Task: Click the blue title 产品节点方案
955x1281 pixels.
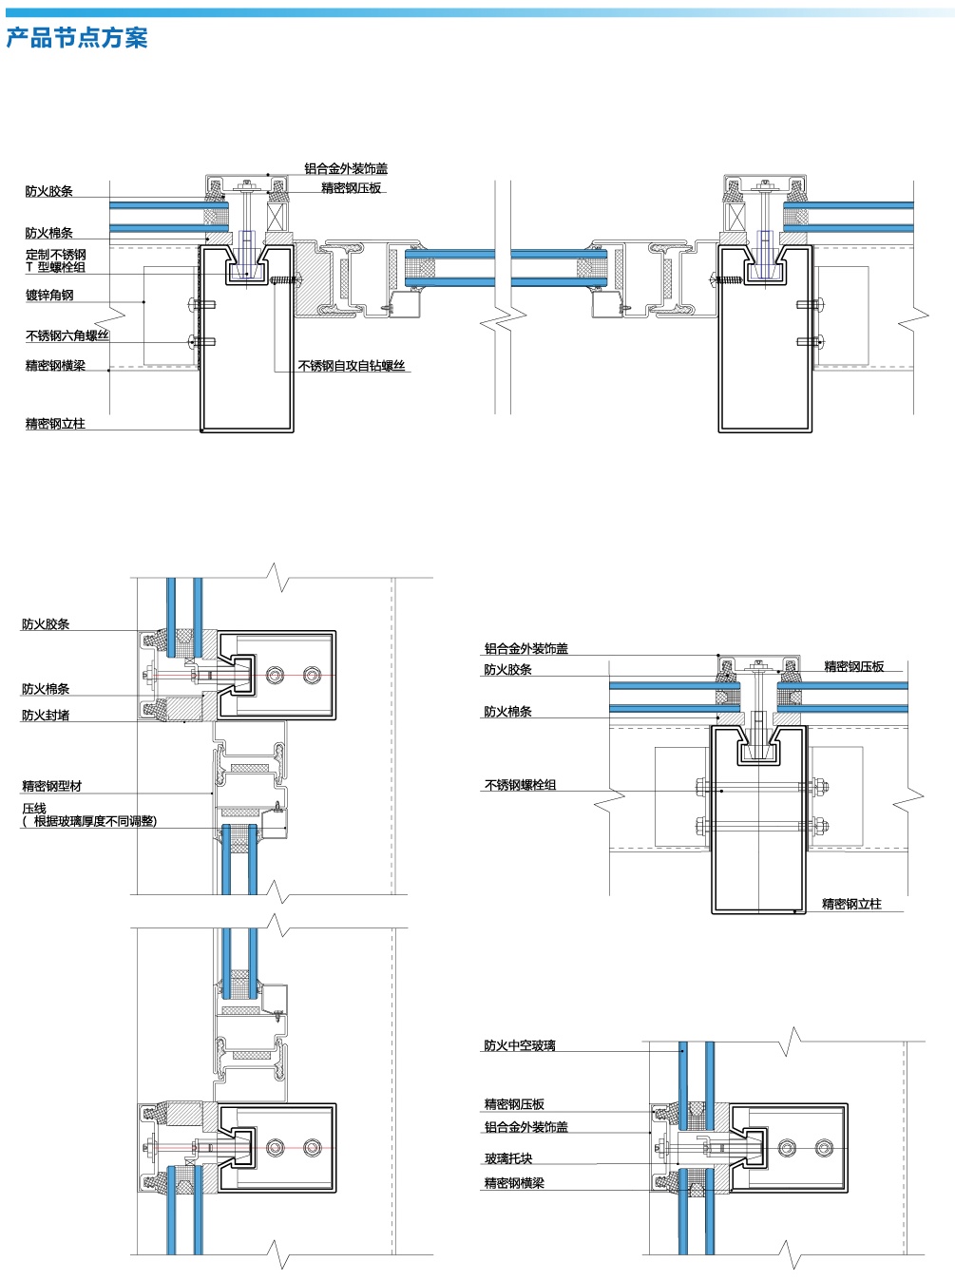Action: (x=76, y=38)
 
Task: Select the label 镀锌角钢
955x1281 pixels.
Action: (x=49, y=295)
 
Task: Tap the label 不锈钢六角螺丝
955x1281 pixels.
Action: (x=67, y=335)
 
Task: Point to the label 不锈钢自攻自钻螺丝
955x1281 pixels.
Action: (x=352, y=366)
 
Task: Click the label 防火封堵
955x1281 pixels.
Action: (x=46, y=715)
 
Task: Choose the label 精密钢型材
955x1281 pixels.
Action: (x=52, y=786)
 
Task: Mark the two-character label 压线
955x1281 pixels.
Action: (x=34, y=809)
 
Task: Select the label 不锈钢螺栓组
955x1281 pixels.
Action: (x=521, y=785)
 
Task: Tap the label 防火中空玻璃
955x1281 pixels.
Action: (x=520, y=1045)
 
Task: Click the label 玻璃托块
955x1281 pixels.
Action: (x=508, y=1158)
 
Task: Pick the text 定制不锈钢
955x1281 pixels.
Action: (x=55, y=255)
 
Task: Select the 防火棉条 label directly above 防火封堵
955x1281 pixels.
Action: (x=46, y=689)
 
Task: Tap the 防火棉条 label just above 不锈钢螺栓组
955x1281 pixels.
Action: (x=507, y=712)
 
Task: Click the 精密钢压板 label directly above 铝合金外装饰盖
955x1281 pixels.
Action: (x=514, y=1104)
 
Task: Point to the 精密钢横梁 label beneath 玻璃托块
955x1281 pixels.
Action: (x=514, y=1183)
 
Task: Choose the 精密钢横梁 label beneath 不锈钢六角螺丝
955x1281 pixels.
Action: (x=55, y=366)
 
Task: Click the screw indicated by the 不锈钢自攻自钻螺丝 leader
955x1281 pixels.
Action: (x=287, y=280)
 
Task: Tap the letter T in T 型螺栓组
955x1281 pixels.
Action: (x=29, y=267)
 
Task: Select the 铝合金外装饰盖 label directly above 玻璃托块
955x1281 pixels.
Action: (x=526, y=1127)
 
